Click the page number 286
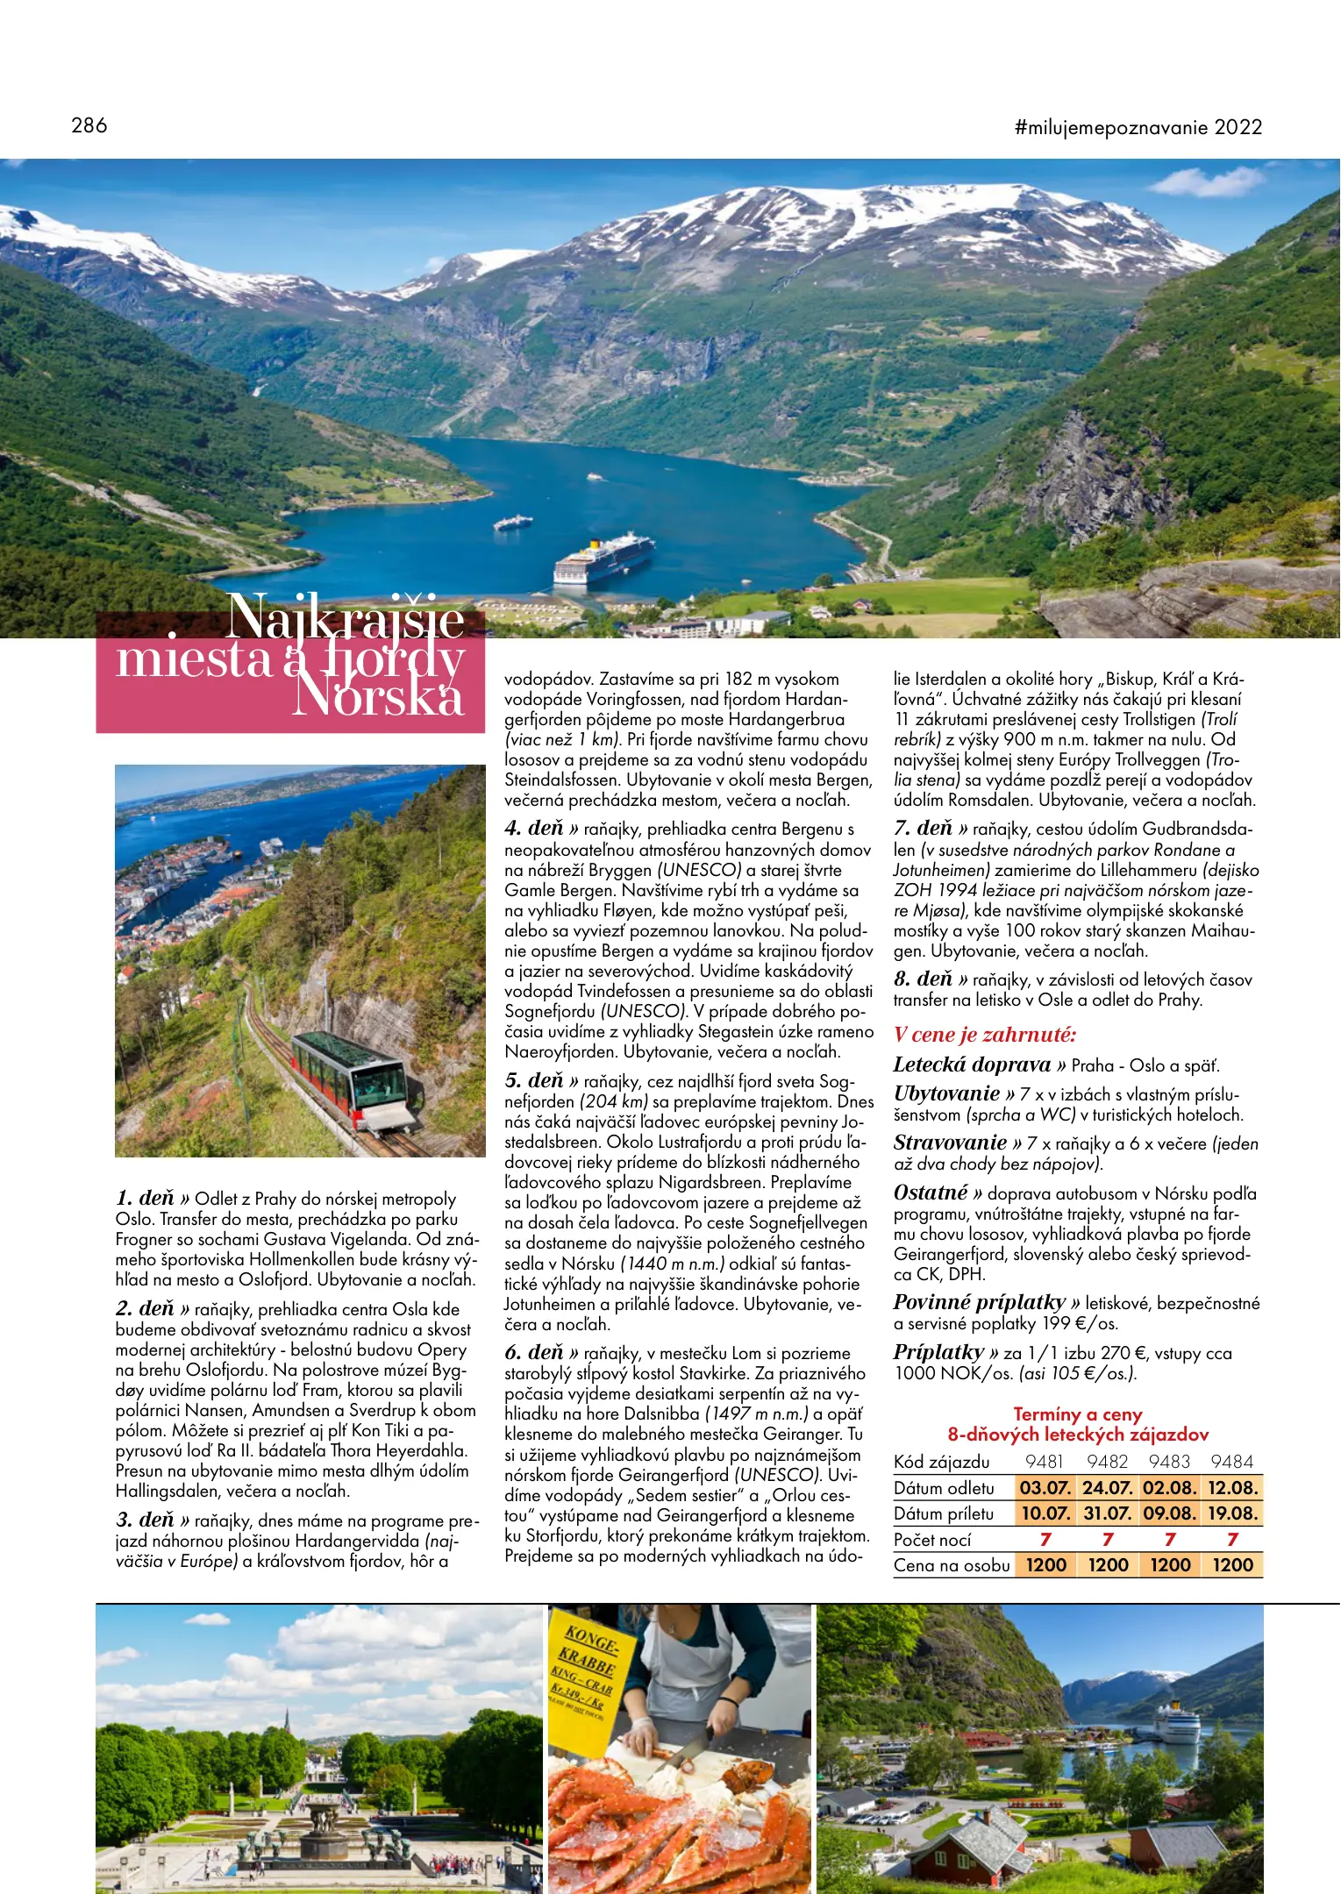pos(89,125)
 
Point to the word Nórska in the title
pos(378,699)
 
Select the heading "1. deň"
pos(146,1198)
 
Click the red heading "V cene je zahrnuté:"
pos(985,1035)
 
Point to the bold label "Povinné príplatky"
pos(980,1302)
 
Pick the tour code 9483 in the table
pos(1169,1462)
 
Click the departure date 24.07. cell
pos(1108,1487)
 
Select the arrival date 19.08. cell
pos(1232,1513)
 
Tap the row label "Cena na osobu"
pos(952,1565)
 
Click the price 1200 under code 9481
pos(1045,1565)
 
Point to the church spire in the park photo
pos(287,1722)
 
